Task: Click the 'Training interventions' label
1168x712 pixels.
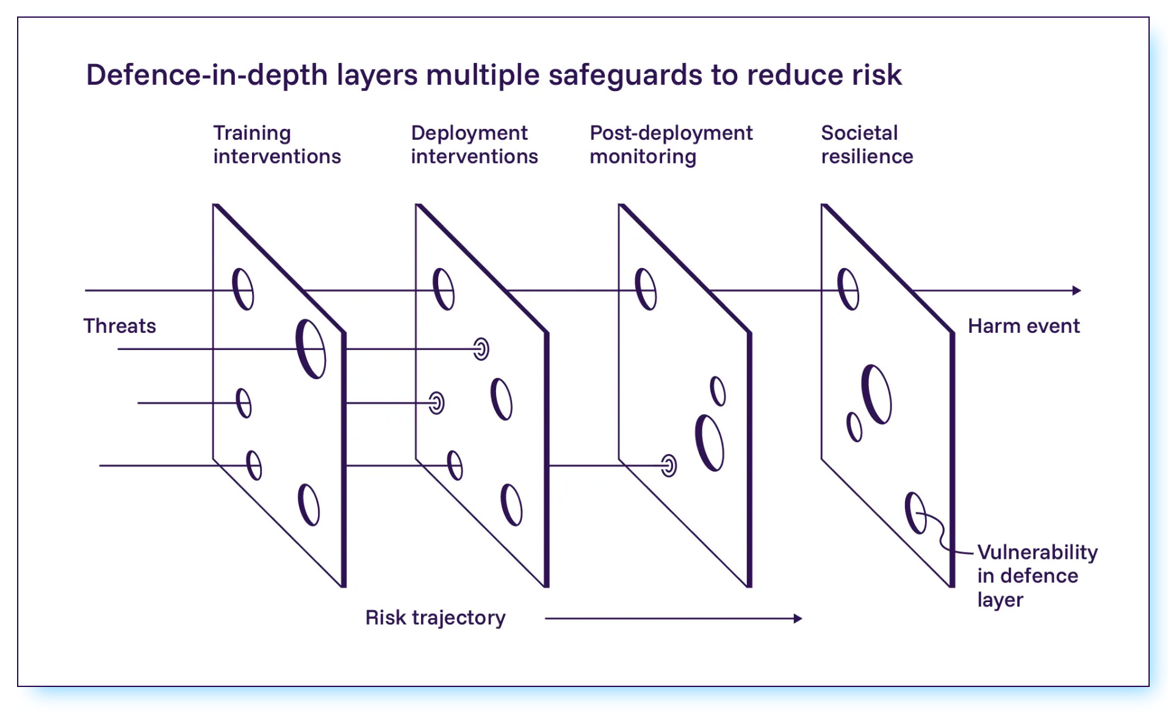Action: (276, 145)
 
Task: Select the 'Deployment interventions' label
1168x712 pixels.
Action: (474, 145)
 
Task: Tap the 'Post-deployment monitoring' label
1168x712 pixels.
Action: (671, 145)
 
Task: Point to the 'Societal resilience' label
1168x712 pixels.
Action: (867, 145)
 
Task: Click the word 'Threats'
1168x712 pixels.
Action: (120, 326)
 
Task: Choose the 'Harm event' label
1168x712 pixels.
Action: (1023, 326)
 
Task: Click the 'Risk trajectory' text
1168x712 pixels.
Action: (435, 618)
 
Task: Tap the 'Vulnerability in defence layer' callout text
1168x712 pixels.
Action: (1037, 576)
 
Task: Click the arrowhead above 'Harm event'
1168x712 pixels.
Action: (1076, 291)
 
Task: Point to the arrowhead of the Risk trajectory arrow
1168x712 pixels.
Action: (798, 619)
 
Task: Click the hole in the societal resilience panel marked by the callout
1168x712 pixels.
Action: (915, 513)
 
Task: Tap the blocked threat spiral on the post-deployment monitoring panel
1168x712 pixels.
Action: (669, 466)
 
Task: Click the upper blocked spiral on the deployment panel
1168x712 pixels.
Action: (481, 349)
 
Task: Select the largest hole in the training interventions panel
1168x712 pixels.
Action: (311, 349)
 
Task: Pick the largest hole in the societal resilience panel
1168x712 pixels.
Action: (876, 394)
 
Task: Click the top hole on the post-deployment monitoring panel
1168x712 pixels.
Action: (646, 289)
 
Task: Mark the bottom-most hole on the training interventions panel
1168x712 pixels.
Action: (309, 505)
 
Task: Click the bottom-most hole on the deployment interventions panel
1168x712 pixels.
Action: (511, 505)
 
